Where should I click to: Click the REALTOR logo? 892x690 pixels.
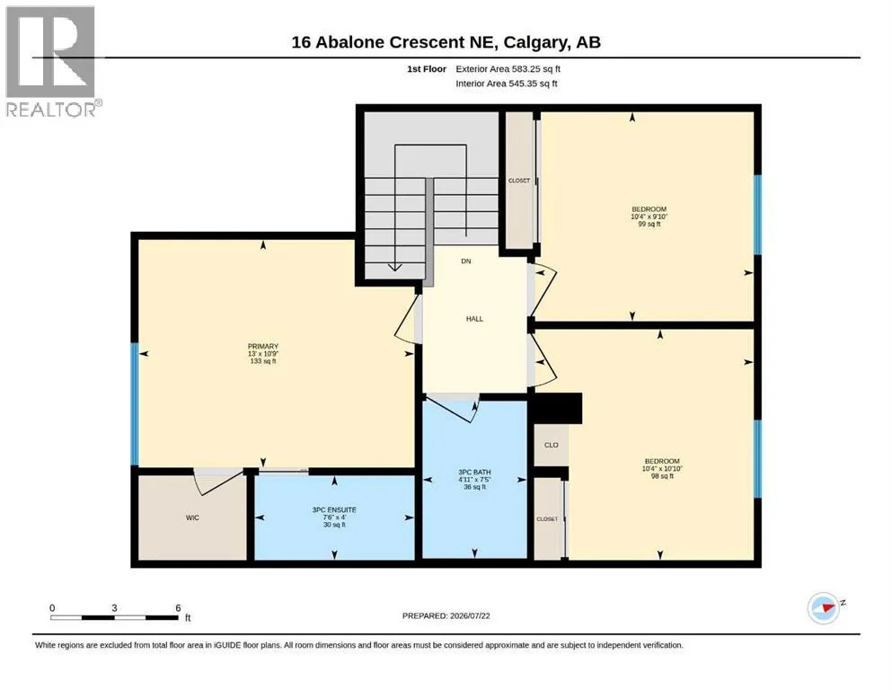pyautogui.click(x=52, y=61)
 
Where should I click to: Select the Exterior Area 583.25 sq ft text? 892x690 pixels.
pyautogui.click(x=508, y=69)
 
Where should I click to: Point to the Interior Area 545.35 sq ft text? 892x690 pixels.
pyautogui.click(x=507, y=84)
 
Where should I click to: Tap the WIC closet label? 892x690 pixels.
pyautogui.click(x=192, y=517)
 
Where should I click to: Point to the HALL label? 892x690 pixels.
pyautogui.click(x=474, y=319)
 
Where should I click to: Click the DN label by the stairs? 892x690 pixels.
pyautogui.click(x=466, y=261)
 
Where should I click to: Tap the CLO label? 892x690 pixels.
pyautogui.click(x=552, y=445)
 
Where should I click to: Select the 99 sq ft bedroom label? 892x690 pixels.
pyautogui.click(x=649, y=224)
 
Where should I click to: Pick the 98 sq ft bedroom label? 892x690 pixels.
pyautogui.click(x=662, y=476)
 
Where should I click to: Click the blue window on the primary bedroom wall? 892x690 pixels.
pyautogui.click(x=135, y=404)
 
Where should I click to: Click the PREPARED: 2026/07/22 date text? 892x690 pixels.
pyautogui.click(x=446, y=616)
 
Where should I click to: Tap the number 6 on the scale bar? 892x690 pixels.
pyautogui.click(x=178, y=608)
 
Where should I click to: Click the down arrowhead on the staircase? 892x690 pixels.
pyautogui.click(x=395, y=267)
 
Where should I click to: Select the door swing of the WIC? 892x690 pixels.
pyautogui.click(x=219, y=482)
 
